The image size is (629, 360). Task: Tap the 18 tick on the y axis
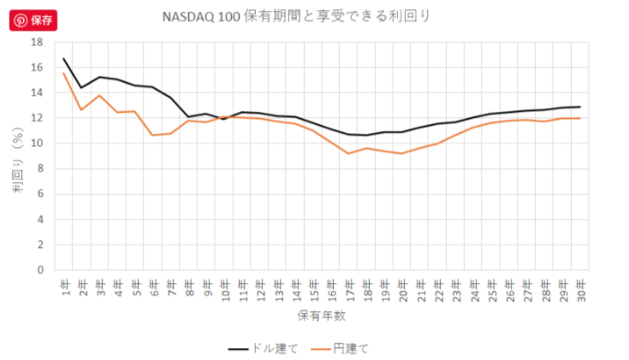(37, 42)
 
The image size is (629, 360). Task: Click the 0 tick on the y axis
(39, 270)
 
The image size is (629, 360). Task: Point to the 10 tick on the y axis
(37, 144)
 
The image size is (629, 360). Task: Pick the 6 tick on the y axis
(39, 194)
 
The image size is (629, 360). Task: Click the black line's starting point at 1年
(64, 59)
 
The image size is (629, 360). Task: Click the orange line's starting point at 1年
(64, 73)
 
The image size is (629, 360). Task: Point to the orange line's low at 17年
(348, 153)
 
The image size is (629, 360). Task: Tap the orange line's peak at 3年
(99, 95)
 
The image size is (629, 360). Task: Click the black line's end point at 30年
(579, 107)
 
